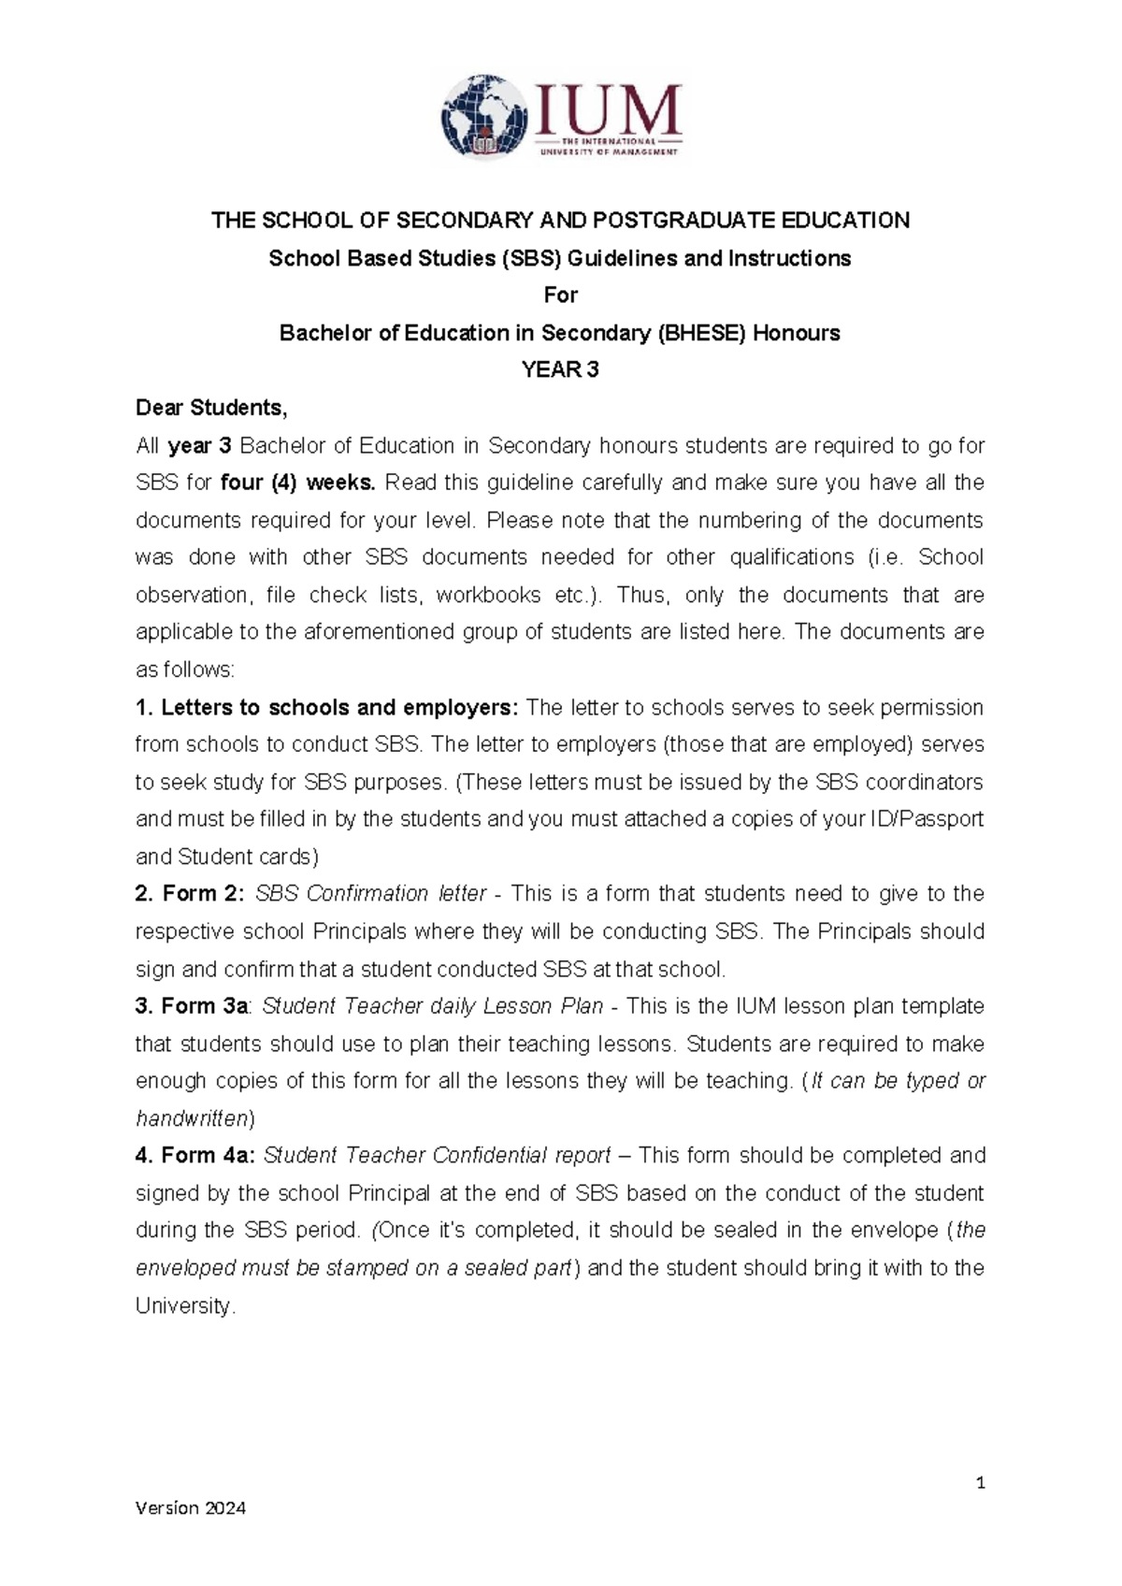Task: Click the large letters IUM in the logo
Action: click(x=608, y=109)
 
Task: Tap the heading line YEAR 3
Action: click(x=560, y=370)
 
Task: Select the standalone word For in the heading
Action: click(x=560, y=296)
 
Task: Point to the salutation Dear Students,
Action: click(x=211, y=408)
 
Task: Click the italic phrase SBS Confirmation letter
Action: click(x=370, y=894)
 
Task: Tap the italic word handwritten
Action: click(x=192, y=1118)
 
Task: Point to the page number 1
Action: click(x=980, y=1482)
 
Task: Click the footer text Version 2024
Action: click(x=191, y=1507)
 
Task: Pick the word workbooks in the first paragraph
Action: click(x=488, y=595)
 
